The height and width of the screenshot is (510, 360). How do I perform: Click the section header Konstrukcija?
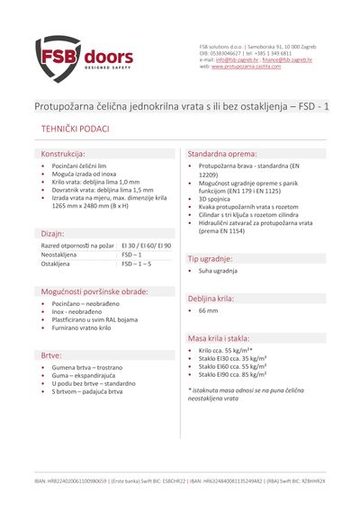tap(63, 155)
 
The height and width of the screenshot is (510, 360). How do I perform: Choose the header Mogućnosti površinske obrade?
tap(93, 292)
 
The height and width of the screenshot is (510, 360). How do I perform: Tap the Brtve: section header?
tap(51, 355)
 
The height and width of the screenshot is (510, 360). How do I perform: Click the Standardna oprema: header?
tap(224, 155)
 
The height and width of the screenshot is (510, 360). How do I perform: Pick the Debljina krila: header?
tap(211, 298)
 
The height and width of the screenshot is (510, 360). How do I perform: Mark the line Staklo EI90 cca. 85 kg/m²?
tap(232, 376)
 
